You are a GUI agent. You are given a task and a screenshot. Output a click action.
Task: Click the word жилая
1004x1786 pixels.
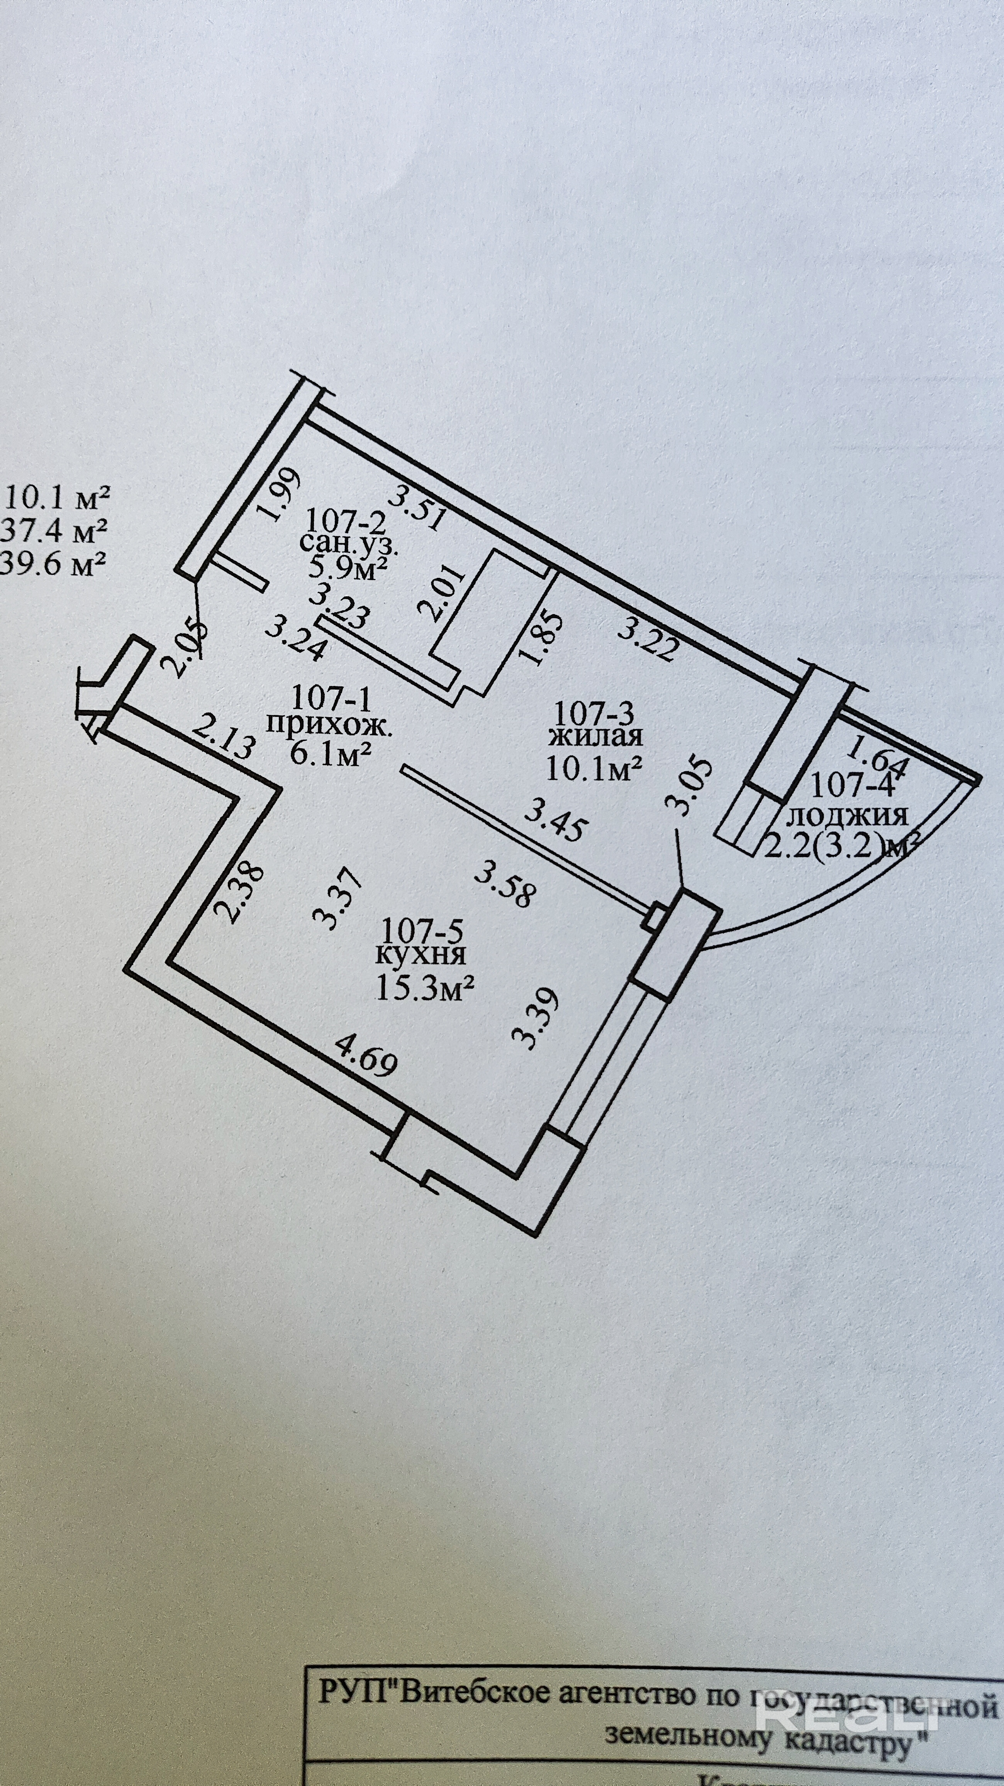click(595, 737)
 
